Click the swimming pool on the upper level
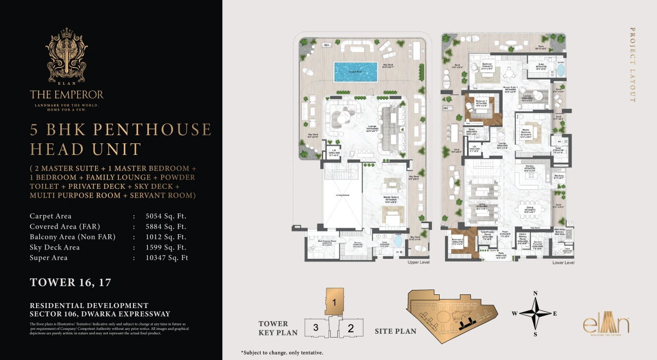[355, 72]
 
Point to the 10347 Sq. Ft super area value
[166, 258]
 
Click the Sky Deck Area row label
[55, 247]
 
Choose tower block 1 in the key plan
[334, 301]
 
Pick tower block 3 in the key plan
[316, 328]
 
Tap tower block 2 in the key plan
[351, 328]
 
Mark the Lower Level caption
[563, 263]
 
